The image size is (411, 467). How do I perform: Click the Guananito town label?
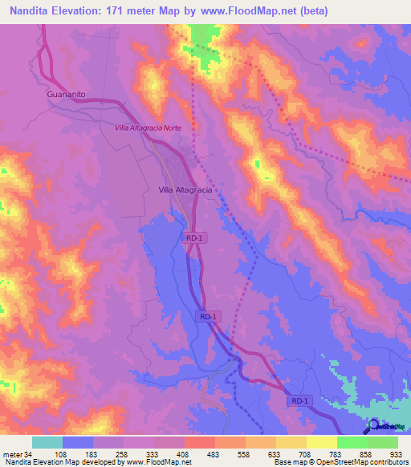(55, 94)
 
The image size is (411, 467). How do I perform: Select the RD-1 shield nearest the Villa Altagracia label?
(193, 238)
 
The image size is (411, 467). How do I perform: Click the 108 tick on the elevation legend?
(63, 453)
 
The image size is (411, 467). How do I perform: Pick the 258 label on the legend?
(124, 453)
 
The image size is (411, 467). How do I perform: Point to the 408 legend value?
(185, 453)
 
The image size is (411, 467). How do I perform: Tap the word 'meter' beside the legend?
(12, 453)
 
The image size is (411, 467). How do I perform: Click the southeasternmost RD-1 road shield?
(299, 400)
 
